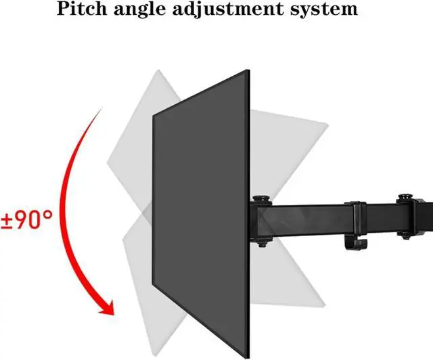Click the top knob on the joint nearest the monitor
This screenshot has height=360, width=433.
[x=260, y=199]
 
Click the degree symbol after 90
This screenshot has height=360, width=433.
[x=48, y=214]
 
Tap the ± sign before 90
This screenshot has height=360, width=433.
[x=7, y=221]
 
